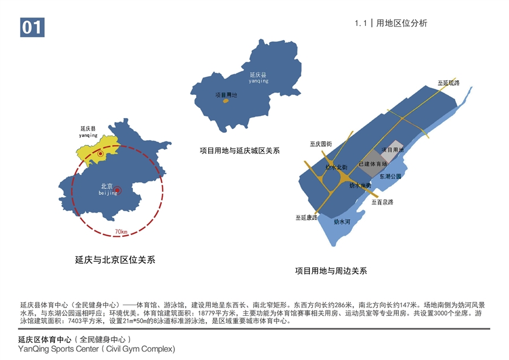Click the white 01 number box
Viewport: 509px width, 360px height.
[32, 27]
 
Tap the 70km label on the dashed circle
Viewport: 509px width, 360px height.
[120, 232]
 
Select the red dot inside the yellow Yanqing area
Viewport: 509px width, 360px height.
[101, 153]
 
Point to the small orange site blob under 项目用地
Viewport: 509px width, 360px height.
[225, 102]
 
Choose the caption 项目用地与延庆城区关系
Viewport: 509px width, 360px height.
[240, 151]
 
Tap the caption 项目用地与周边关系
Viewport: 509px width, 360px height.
[331, 271]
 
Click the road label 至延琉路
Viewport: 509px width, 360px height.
[448, 83]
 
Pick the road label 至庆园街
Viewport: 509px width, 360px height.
[321, 144]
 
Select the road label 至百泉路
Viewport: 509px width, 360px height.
[382, 201]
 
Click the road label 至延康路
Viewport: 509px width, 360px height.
[306, 217]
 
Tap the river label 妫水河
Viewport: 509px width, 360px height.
[342, 222]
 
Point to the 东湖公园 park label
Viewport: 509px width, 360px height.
[390, 176]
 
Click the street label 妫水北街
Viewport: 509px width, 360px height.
[337, 167]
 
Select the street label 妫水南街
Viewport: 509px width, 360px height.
[360, 185]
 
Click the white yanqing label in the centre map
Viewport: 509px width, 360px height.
[258, 81]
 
